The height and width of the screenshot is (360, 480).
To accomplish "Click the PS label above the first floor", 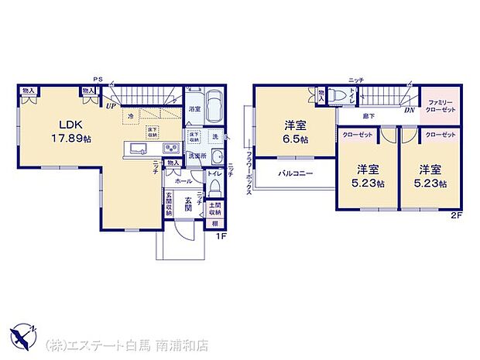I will tap(98, 79).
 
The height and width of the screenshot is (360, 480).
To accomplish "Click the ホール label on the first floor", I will tap(183, 180).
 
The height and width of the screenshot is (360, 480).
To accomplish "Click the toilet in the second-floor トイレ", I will tap(338, 96).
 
